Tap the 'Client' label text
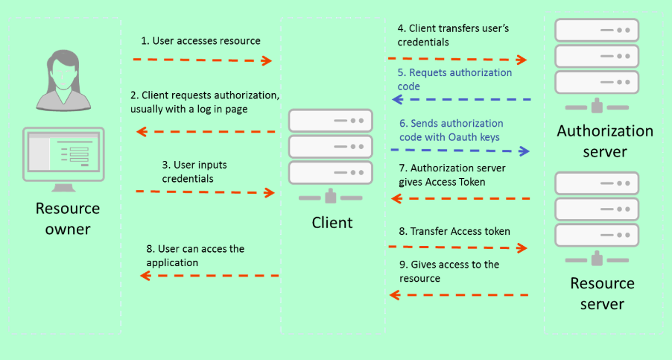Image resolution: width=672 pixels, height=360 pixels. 332,222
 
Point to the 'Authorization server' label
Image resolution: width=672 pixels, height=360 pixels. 605,142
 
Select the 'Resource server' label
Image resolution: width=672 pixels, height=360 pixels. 602,294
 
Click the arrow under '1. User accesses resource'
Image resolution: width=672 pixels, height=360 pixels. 202,60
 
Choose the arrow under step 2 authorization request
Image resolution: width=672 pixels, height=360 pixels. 208,132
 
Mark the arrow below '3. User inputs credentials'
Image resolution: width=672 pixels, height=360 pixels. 205,192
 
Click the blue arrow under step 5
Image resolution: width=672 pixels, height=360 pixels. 458,99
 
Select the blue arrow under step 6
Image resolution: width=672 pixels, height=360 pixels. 458,151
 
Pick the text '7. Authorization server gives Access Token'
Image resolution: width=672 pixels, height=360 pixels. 452,175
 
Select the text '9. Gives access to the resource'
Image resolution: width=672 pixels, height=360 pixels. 448,271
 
